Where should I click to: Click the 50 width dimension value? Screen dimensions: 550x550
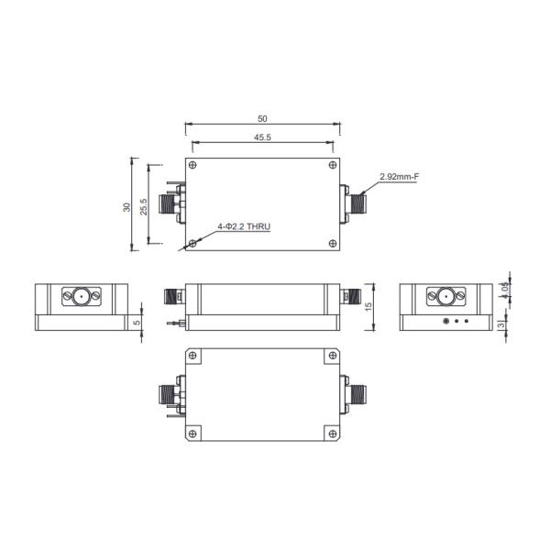(262, 119)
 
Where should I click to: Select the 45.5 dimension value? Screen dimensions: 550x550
(262, 137)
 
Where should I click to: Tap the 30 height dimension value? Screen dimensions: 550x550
(126, 207)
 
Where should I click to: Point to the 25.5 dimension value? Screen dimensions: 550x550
(144, 206)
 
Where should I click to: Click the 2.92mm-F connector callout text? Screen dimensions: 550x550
(399, 176)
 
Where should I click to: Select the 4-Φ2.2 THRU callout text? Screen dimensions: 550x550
(244, 226)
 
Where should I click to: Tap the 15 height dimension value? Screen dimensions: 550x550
(368, 307)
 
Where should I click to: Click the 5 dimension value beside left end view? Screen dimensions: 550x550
(137, 322)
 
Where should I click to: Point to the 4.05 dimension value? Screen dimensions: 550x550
(504, 290)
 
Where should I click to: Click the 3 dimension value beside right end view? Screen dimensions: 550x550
(502, 324)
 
